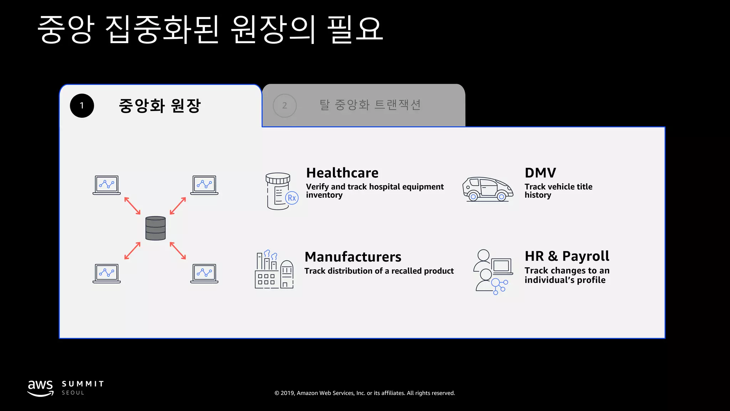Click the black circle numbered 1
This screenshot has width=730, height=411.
82,106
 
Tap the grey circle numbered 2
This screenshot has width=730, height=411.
284,106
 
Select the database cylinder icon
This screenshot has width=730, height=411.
155,228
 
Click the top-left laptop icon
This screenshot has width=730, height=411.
107,185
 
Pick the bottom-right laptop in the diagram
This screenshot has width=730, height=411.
204,273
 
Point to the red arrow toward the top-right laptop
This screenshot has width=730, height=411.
178,206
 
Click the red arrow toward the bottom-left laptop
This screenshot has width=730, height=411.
132,251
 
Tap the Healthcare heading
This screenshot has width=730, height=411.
342,173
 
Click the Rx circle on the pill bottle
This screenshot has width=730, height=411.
292,198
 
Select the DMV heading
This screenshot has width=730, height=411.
540,173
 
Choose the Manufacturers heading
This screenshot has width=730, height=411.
353,257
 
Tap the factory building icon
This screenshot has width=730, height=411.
274,270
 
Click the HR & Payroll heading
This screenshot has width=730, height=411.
567,256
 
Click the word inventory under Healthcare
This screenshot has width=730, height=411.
324,195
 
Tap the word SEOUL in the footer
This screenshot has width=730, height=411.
73,393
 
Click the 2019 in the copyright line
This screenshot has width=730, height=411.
287,393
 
